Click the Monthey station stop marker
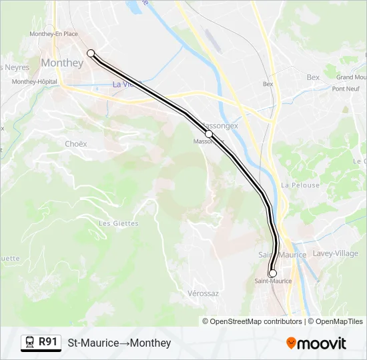click(x=91, y=53)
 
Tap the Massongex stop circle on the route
click(x=209, y=134)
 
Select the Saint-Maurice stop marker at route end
click(x=272, y=273)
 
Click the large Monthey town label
click(x=62, y=63)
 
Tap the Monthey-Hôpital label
click(x=35, y=81)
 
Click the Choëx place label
click(x=77, y=143)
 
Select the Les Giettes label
click(x=118, y=223)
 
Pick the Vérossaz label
click(x=204, y=293)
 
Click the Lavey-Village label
click(x=336, y=253)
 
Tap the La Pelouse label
click(x=300, y=185)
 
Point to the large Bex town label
click(x=313, y=77)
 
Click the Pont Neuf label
click(x=346, y=89)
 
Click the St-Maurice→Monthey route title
click(x=119, y=343)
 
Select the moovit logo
click(x=316, y=343)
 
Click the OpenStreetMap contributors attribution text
click(x=257, y=321)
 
